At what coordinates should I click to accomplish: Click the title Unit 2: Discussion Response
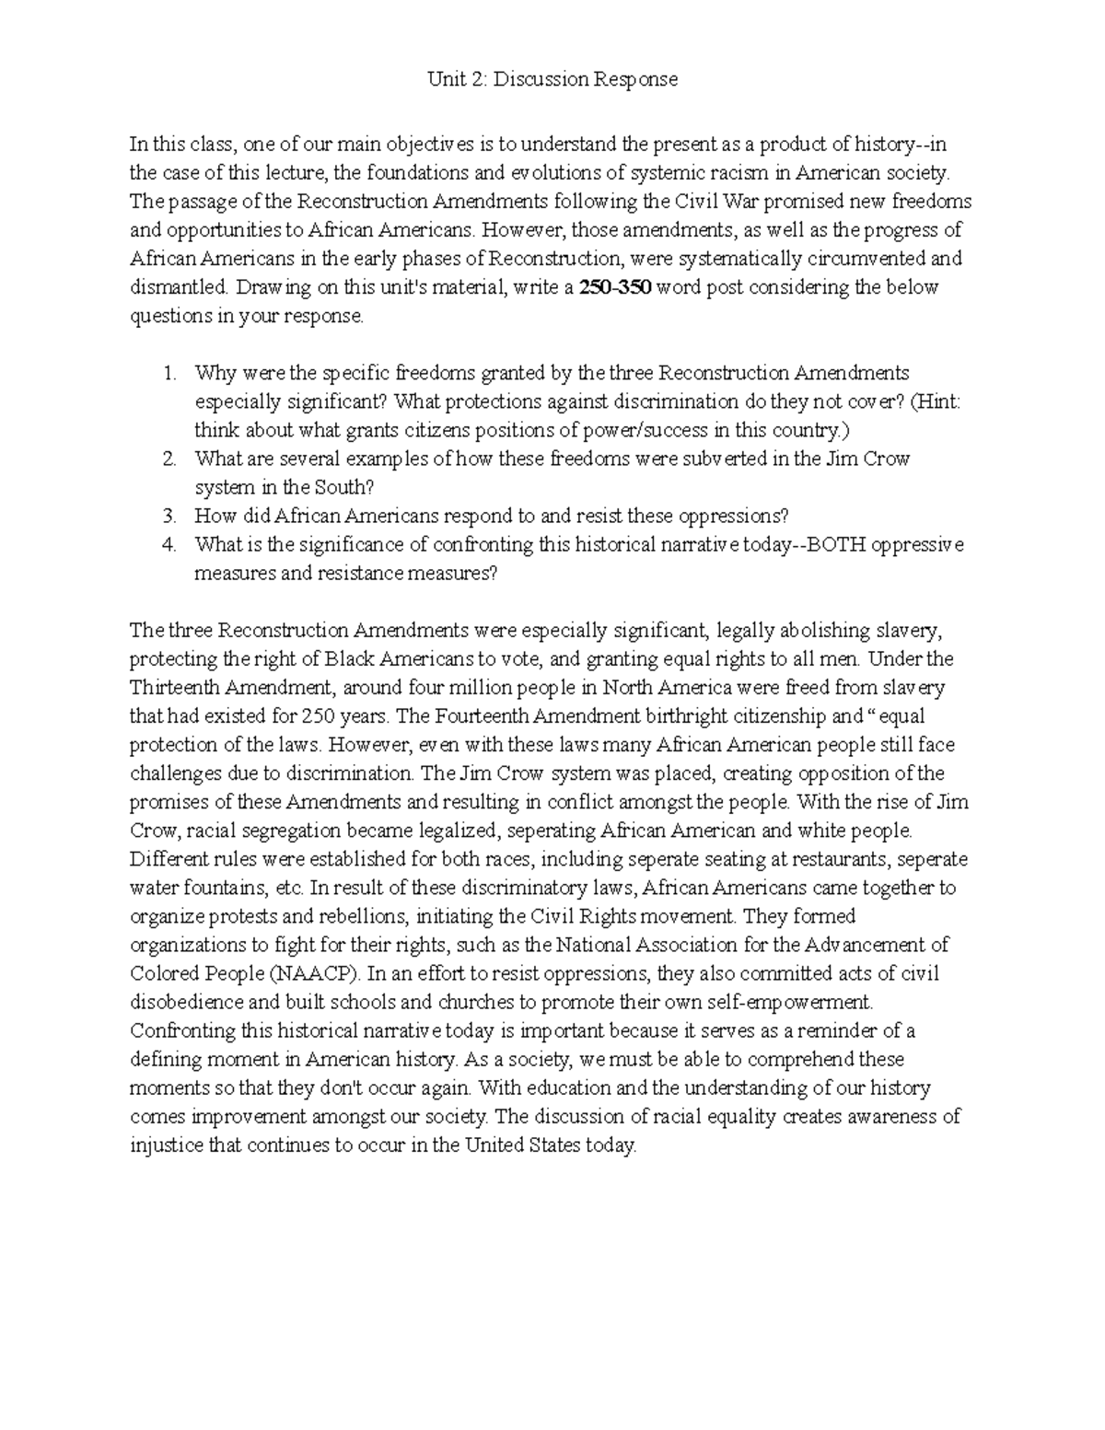click(x=552, y=79)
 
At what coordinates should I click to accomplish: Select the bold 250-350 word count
click(x=615, y=287)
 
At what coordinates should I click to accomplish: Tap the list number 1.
click(x=168, y=373)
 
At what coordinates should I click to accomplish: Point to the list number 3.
click(x=168, y=516)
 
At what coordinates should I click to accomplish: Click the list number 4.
click(x=168, y=544)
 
